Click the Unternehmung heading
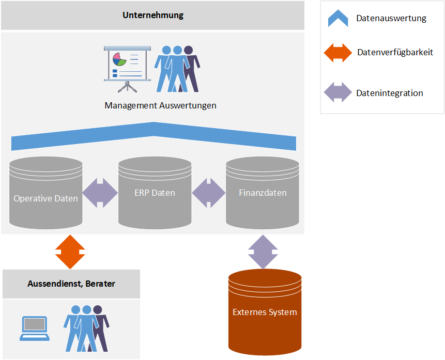(x=153, y=15)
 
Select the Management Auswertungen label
(x=160, y=106)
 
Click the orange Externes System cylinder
(x=265, y=312)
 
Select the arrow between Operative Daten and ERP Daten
(x=100, y=193)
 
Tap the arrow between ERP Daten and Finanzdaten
(x=209, y=193)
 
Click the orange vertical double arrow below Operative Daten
(x=70, y=252)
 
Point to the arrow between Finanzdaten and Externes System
(x=263, y=252)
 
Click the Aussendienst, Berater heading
(x=71, y=284)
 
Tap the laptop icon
(x=35, y=328)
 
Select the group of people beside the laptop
(x=86, y=327)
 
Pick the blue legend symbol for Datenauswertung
(x=337, y=18)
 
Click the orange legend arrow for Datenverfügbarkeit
(x=337, y=53)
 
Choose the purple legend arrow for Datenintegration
(x=337, y=93)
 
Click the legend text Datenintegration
(x=390, y=93)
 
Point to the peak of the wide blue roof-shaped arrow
(x=154, y=124)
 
